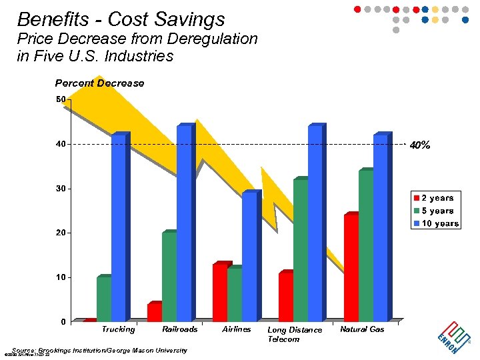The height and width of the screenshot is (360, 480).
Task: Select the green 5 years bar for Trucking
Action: click(103, 299)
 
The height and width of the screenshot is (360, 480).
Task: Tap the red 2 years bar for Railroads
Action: click(154, 312)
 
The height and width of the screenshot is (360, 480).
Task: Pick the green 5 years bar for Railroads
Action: click(169, 277)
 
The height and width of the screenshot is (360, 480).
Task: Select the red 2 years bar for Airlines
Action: click(219, 293)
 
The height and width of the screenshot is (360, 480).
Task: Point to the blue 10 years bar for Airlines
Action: click(249, 257)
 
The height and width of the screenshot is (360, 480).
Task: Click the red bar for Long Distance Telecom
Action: click(285, 297)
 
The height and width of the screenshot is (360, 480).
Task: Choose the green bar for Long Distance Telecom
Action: click(300, 251)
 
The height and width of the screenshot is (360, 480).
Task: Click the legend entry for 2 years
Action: click(436, 198)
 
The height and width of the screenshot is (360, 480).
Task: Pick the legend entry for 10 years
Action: click(436, 223)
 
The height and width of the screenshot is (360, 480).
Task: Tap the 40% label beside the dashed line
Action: click(420, 145)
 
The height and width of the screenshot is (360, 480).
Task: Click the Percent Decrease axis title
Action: click(99, 83)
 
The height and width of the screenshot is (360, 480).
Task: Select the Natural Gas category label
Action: click(362, 329)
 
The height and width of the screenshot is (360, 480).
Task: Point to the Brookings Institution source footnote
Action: click(100, 350)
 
